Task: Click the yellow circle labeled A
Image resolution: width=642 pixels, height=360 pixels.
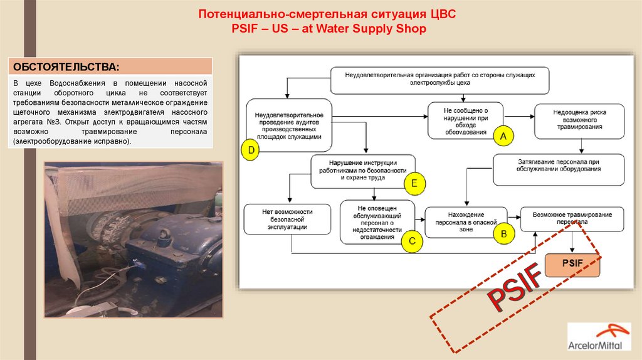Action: click(x=502, y=135)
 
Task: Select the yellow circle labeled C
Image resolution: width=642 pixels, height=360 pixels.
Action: click(x=411, y=240)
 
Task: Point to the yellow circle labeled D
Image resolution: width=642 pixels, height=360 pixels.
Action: click(x=251, y=151)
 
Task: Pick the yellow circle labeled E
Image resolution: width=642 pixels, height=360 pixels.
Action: click(x=414, y=184)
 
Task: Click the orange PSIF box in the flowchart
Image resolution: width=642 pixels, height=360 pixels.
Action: click(x=572, y=265)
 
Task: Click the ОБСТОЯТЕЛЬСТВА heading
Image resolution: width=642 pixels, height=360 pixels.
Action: click(x=66, y=66)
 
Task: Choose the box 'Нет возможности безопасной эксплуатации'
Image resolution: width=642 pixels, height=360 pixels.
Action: click(x=287, y=219)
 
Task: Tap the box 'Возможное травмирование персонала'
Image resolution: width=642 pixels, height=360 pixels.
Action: click(x=572, y=218)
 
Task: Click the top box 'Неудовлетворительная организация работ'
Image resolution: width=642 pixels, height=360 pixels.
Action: click(x=440, y=79)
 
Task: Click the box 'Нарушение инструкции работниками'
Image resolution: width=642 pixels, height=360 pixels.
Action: click(x=362, y=171)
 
